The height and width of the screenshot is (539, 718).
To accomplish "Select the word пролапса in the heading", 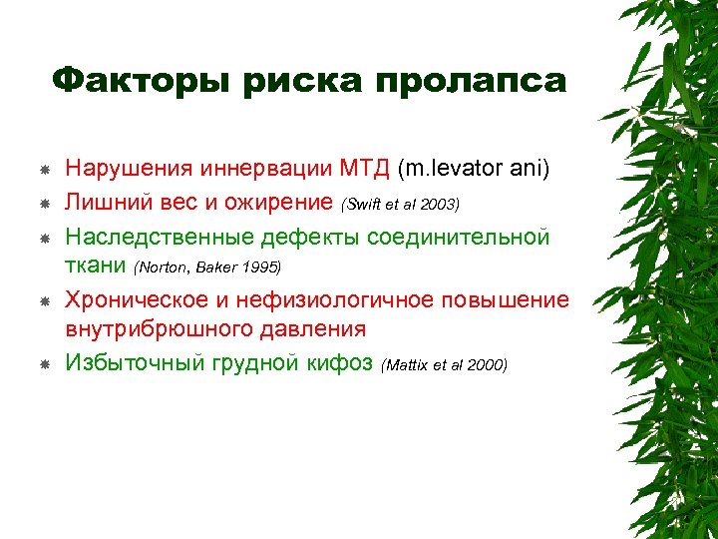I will tap(471, 80).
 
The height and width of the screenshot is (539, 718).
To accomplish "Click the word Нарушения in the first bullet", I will tap(130, 169).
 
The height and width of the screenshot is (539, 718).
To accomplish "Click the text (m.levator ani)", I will tap(473, 169).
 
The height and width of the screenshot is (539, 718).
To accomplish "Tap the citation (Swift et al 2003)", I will tap(400, 205).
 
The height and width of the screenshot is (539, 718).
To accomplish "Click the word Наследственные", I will tap(160, 237).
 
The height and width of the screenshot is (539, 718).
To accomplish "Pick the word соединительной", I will tap(458, 237).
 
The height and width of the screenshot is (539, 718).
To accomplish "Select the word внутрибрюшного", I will tap(146, 328).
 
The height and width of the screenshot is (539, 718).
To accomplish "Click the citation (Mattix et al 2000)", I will tap(444, 365).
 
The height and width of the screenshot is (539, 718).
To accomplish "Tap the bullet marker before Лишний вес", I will tap(44, 204).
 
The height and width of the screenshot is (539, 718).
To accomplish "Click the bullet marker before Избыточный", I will tap(44, 364).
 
